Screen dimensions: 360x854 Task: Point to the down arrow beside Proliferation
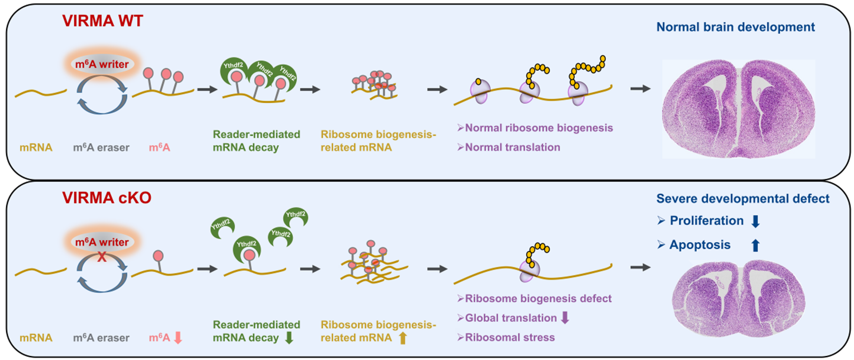(755, 222)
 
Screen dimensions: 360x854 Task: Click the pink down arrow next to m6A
(178, 338)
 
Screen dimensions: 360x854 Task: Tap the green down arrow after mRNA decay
(289, 338)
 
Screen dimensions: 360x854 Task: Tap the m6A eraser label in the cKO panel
(101, 338)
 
